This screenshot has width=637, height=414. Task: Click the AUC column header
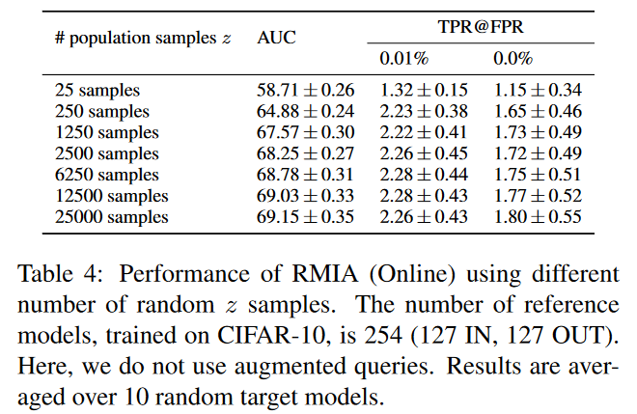coord(277,39)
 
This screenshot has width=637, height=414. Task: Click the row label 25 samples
coord(97,90)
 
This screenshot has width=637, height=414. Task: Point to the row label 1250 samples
coord(106,132)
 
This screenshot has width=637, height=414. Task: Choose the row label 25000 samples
coord(111,217)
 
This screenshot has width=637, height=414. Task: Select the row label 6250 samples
coord(106,175)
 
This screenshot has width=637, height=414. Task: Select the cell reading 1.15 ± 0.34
coord(538,90)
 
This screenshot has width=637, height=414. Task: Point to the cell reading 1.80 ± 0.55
coord(538,217)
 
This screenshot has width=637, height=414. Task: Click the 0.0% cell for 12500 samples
coord(538,196)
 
